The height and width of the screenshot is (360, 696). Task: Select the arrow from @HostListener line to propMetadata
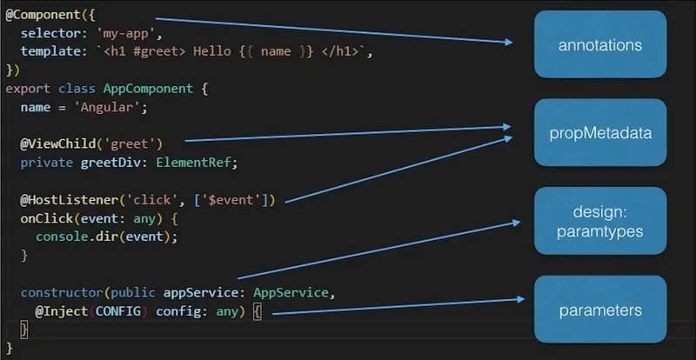click(x=400, y=165)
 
